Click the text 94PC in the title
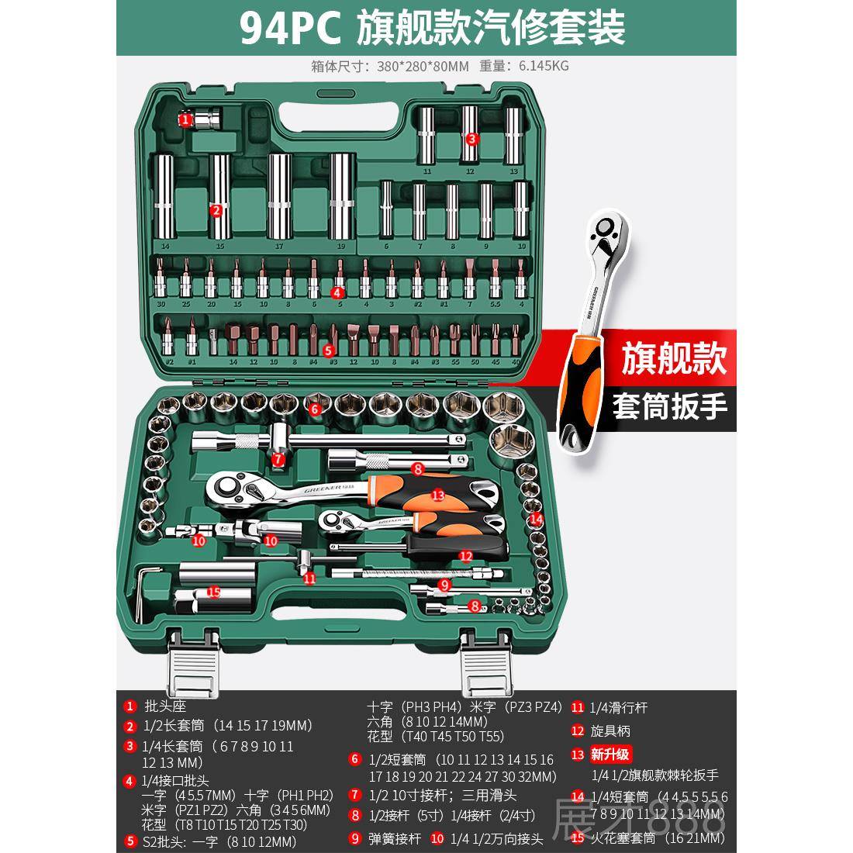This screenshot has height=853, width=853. click(x=288, y=29)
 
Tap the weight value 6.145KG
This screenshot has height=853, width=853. click(x=539, y=67)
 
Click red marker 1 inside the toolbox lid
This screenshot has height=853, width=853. click(x=185, y=119)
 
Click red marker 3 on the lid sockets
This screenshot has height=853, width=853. click(x=471, y=139)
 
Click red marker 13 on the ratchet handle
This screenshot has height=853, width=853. click(x=437, y=495)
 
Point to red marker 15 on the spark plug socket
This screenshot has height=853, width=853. click(x=213, y=592)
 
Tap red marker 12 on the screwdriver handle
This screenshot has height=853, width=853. click(x=465, y=555)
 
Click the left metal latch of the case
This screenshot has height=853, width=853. click(x=191, y=664)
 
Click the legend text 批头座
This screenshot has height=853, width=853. click(x=165, y=706)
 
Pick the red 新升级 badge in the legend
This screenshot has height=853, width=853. click(x=611, y=754)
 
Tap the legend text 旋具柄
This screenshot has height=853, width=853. click(x=611, y=730)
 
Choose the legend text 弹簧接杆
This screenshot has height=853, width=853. click(x=395, y=838)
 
